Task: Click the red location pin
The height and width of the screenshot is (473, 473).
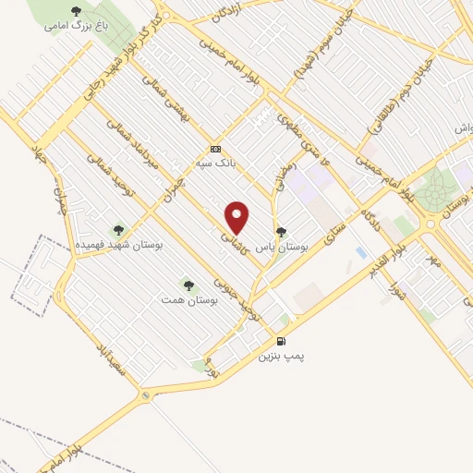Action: coord(237,217)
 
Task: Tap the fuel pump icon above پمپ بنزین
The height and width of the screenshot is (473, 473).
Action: coord(281,341)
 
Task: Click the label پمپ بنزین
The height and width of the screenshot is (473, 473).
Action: coord(281,355)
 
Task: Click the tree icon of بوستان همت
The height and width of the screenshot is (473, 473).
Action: coord(189,286)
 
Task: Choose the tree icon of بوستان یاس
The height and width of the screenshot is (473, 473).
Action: coord(281,232)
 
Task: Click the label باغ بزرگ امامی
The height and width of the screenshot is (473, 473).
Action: coord(77,26)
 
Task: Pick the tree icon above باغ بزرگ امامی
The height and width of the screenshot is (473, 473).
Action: coord(76,11)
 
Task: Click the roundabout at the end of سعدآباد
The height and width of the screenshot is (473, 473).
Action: coord(145,395)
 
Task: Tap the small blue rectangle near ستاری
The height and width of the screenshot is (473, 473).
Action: coord(360,252)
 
